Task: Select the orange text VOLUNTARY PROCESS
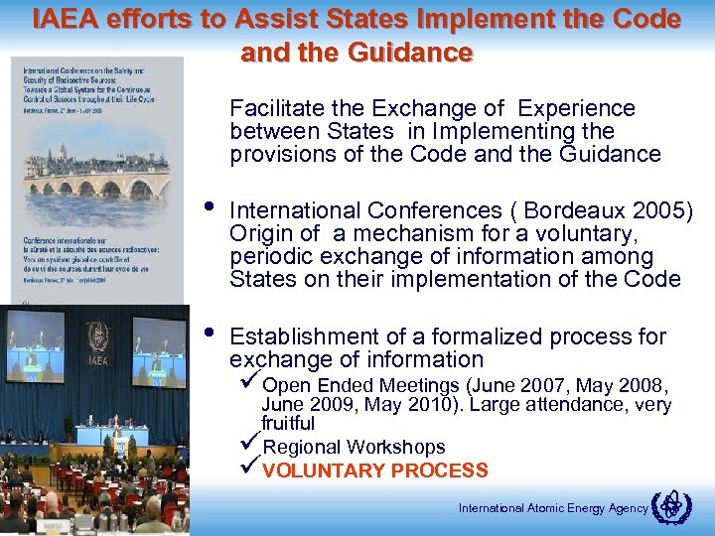click(375, 470)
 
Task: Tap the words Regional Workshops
click(354, 448)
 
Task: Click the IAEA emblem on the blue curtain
click(97, 335)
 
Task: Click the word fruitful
click(288, 423)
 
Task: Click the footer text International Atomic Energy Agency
click(552, 508)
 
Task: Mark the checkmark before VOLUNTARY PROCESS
click(252, 469)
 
